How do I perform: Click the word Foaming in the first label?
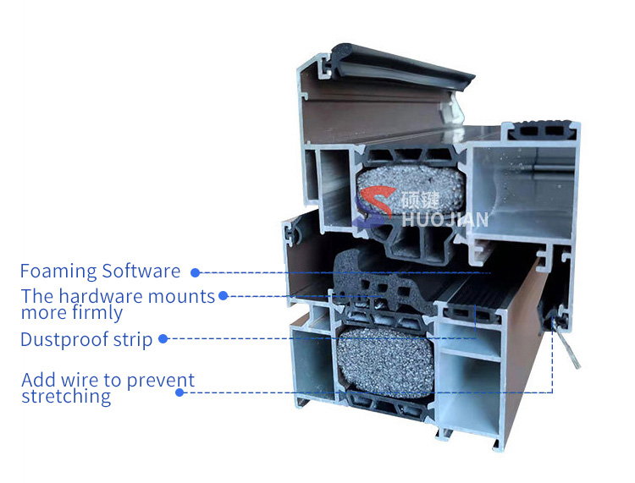point(58,272)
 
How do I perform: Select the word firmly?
point(100,313)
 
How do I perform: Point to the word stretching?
point(66,397)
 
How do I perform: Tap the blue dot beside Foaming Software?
point(195,272)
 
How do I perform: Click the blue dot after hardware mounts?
point(223,296)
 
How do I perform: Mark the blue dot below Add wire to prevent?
point(179,392)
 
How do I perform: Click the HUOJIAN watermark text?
point(450,220)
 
